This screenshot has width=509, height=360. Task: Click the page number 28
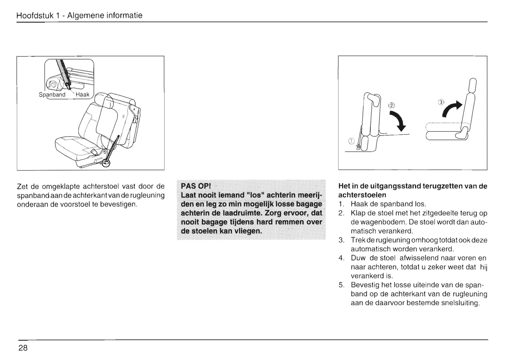pyautogui.click(x=23, y=348)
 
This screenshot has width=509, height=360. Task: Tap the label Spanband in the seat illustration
pyautogui.click(x=52, y=95)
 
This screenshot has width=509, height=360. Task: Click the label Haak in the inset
pyautogui.click(x=82, y=95)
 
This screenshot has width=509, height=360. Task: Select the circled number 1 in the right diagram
pyautogui.click(x=350, y=141)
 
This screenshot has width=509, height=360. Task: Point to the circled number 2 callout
pyautogui.click(x=391, y=105)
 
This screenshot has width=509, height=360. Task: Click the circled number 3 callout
pyautogui.click(x=440, y=103)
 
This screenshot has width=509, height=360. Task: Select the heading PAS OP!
pyautogui.click(x=195, y=186)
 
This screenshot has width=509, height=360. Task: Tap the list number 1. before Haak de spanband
pyautogui.click(x=341, y=204)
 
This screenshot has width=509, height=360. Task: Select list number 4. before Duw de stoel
pyautogui.click(x=341, y=258)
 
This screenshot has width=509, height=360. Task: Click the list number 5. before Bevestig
pyautogui.click(x=341, y=285)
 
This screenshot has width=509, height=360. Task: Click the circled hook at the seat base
pyautogui.click(x=106, y=163)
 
